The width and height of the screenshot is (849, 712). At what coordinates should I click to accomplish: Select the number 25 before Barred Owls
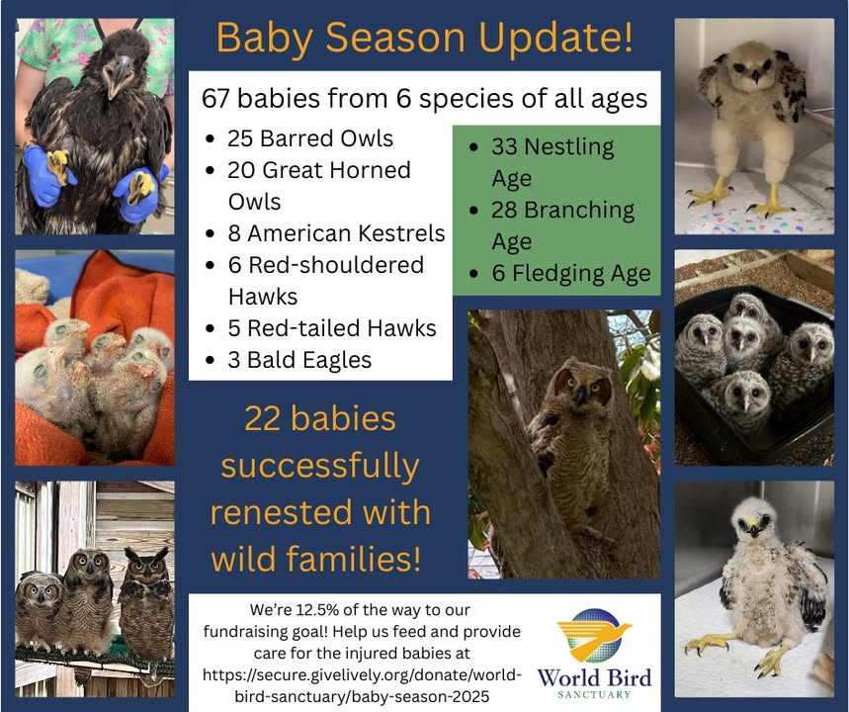[240, 138]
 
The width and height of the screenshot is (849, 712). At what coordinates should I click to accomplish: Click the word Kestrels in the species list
[401, 233]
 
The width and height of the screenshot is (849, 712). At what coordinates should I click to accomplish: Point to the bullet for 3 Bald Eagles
[211, 361]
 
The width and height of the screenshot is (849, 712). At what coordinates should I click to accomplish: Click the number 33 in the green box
[504, 146]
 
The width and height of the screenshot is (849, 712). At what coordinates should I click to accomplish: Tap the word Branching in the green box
[579, 212]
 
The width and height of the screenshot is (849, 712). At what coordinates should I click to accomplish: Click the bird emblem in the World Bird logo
[595, 635]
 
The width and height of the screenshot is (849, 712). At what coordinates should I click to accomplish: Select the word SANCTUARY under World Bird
[595, 694]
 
